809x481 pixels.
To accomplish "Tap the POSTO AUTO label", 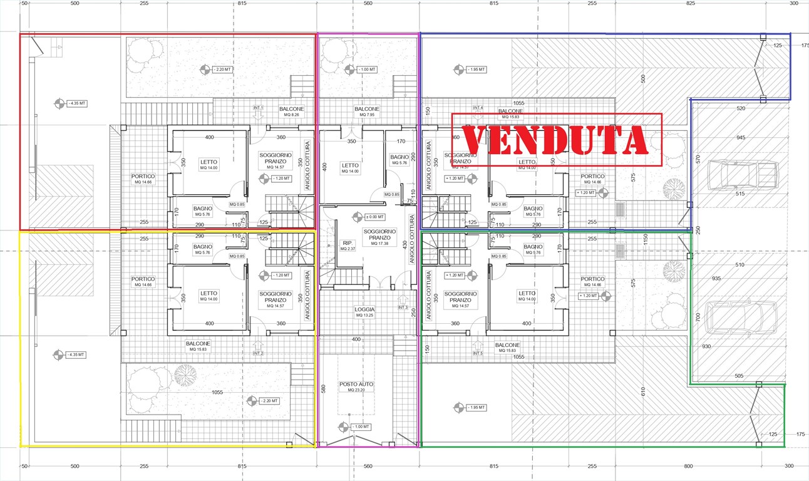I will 356,384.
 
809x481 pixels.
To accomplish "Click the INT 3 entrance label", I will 403,308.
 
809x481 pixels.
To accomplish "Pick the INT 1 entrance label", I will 258,108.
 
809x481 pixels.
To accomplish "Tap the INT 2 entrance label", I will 258,354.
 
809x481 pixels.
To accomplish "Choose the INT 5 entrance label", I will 479,354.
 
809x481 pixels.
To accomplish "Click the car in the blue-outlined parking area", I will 743,176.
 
